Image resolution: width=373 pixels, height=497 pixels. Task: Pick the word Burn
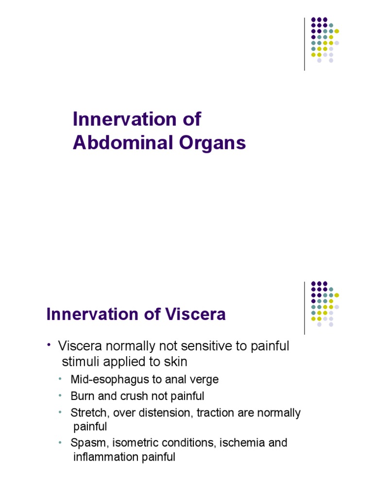tap(81, 396)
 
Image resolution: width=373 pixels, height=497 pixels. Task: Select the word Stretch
tap(87, 413)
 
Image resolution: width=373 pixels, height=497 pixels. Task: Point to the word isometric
tap(132, 443)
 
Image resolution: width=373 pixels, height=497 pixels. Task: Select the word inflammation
tap(103, 457)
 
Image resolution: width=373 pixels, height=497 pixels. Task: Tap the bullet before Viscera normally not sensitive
tap(49, 345)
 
